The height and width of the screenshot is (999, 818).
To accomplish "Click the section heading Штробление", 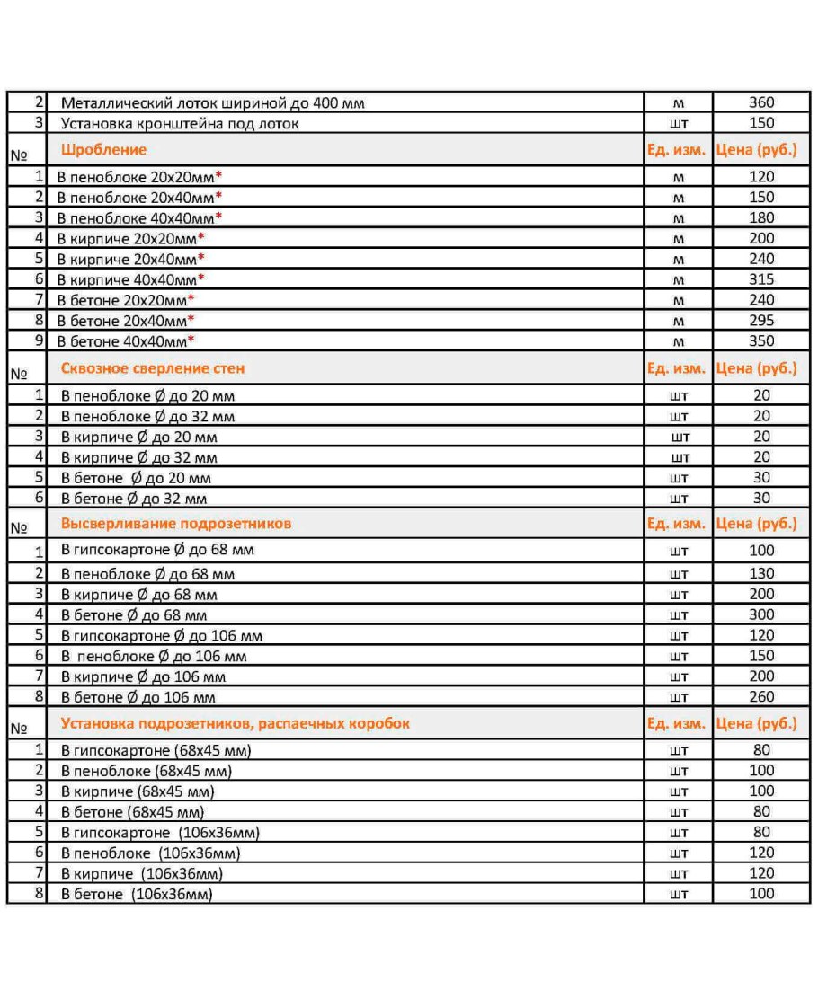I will (x=103, y=150).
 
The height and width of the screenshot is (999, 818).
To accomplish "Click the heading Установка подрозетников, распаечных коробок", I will (x=235, y=723).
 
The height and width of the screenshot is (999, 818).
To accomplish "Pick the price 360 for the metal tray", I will (x=760, y=103).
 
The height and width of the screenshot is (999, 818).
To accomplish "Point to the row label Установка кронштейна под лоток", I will (x=180, y=124).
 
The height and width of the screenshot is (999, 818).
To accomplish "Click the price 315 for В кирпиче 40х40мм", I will (x=760, y=279).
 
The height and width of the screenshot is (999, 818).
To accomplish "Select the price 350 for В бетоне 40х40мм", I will (x=760, y=341).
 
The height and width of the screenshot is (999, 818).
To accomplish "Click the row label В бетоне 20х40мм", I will (x=122, y=321).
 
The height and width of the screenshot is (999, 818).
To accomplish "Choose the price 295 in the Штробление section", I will (x=760, y=321).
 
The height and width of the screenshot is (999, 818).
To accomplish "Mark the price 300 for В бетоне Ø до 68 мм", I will (x=760, y=615).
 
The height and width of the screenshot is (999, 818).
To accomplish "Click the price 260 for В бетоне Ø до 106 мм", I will (x=760, y=697).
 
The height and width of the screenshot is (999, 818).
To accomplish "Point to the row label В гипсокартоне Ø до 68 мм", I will (x=150, y=550).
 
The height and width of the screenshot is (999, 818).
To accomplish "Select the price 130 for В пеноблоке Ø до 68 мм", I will (x=760, y=574).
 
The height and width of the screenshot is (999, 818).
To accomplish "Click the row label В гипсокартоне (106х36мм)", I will (x=160, y=833).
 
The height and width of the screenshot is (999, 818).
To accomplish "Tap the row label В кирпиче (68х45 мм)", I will (x=138, y=791).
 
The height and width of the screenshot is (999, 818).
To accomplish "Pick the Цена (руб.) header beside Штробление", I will (x=757, y=150).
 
